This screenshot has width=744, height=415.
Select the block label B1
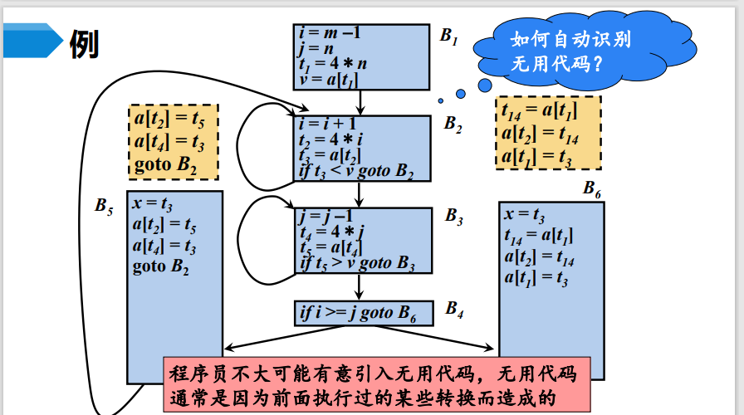pyautogui.click(x=448, y=36)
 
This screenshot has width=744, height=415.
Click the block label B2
pyautogui.click(x=453, y=124)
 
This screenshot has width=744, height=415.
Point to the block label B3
pyautogui.click(x=453, y=217)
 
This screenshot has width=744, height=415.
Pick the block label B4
pyautogui.click(x=454, y=309)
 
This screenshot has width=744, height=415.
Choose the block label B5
pyautogui.click(x=103, y=204)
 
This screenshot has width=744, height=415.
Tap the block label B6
pyautogui.click(x=592, y=189)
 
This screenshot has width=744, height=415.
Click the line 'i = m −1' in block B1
pyautogui.click(x=329, y=33)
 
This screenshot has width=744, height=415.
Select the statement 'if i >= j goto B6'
pyautogui.click(x=356, y=313)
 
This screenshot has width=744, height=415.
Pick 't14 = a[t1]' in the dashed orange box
pyautogui.click(x=539, y=110)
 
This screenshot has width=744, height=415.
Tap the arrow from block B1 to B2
pyautogui.click(x=360, y=101)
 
